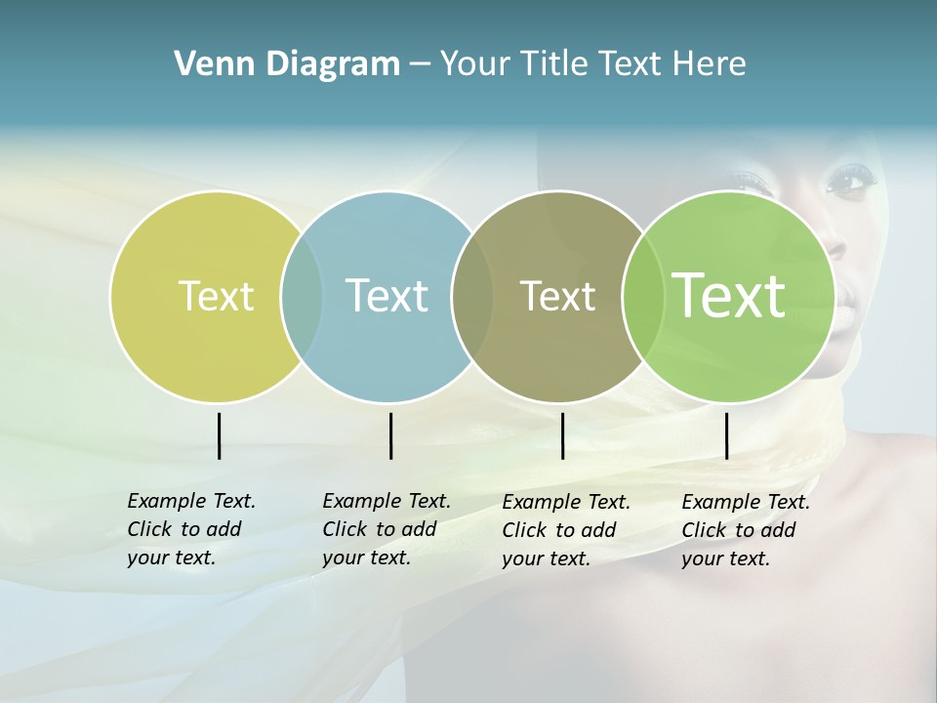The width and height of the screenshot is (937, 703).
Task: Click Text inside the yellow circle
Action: click(x=216, y=296)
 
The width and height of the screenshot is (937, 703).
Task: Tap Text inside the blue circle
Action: click(x=387, y=296)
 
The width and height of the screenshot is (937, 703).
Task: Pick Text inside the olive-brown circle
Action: click(x=557, y=296)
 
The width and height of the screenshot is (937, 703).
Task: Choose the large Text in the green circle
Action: click(x=728, y=296)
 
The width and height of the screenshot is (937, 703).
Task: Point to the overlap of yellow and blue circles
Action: click(x=302, y=297)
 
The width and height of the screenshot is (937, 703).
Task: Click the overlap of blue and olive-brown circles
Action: click(x=472, y=297)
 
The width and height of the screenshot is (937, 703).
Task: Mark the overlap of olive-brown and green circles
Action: click(x=642, y=297)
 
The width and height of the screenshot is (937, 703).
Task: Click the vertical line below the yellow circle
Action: click(x=219, y=435)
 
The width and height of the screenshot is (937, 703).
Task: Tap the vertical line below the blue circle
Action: click(x=390, y=435)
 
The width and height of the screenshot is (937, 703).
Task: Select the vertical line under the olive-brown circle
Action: click(x=562, y=435)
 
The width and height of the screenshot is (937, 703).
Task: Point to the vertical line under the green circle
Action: click(x=726, y=435)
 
